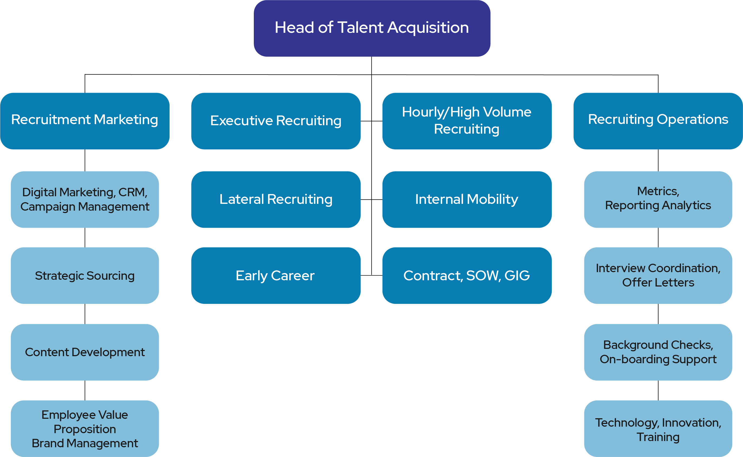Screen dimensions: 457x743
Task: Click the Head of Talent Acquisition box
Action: (x=372, y=28)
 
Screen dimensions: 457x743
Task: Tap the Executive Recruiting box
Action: (x=276, y=121)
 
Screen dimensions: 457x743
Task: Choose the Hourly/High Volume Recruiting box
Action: (x=467, y=121)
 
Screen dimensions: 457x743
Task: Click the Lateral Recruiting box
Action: (x=276, y=199)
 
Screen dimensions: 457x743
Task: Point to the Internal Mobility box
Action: (x=467, y=199)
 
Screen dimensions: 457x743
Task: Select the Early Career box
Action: (x=276, y=275)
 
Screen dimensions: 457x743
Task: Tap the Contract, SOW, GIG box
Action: (x=467, y=275)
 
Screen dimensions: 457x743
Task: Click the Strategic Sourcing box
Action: (x=85, y=275)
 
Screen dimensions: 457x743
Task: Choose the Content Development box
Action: (x=85, y=352)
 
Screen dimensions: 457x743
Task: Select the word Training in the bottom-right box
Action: (x=658, y=437)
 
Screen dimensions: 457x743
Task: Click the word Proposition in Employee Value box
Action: (x=85, y=429)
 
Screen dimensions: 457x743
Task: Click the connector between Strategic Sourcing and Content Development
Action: (x=85, y=314)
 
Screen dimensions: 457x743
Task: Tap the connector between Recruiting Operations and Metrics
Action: (x=658, y=160)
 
